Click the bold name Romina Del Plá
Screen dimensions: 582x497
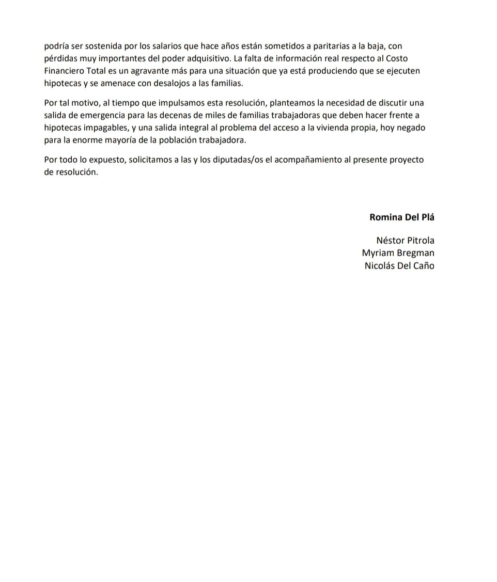[401, 217]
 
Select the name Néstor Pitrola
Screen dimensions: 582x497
[406, 240]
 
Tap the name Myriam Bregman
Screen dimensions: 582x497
[398, 253]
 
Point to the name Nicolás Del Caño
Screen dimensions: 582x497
[399, 266]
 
